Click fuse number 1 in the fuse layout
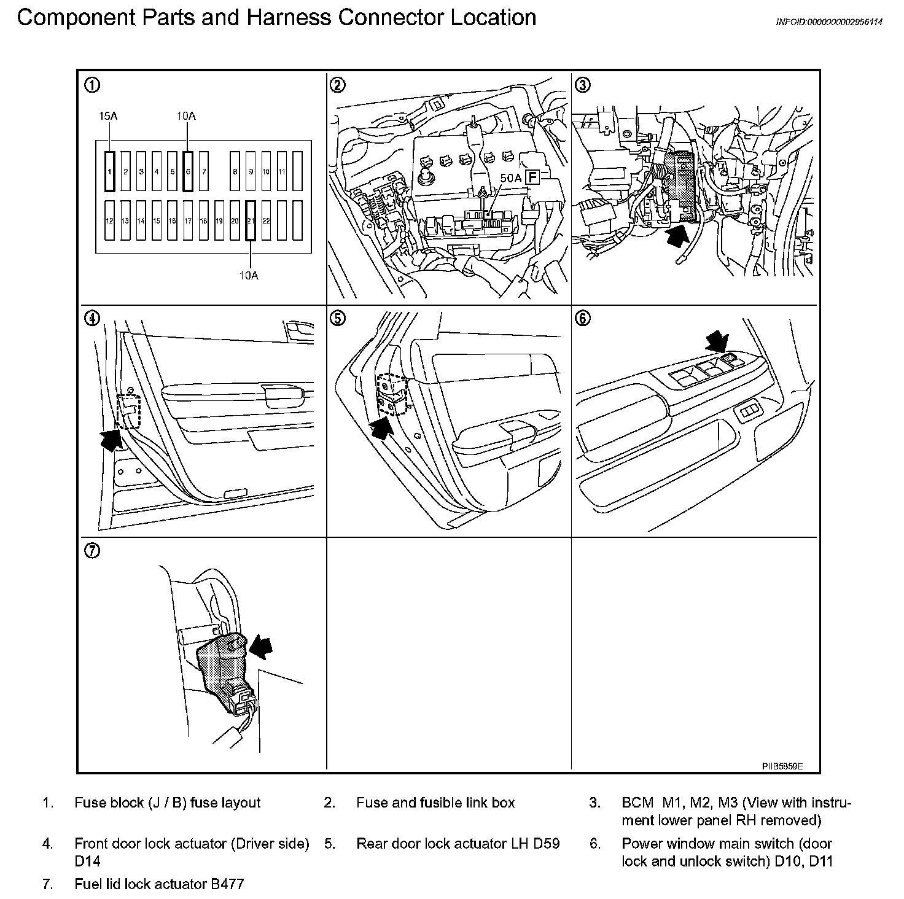tap(110, 171)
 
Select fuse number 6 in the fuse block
tap(188, 171)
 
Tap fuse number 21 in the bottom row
tap(250, 220)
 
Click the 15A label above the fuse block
tap(108, 116)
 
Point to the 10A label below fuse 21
tap(249, 276)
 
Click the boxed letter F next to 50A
tap(532, 178)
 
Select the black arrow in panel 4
tap(110, 439)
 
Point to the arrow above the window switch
tap(717, 340)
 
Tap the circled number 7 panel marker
tap(92, 551)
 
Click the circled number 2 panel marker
tap(337, 85)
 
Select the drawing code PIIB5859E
tap(782, 766)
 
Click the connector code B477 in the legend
tap(227, 884)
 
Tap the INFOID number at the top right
tap(829, 22)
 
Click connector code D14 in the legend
tap(87, 862)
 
